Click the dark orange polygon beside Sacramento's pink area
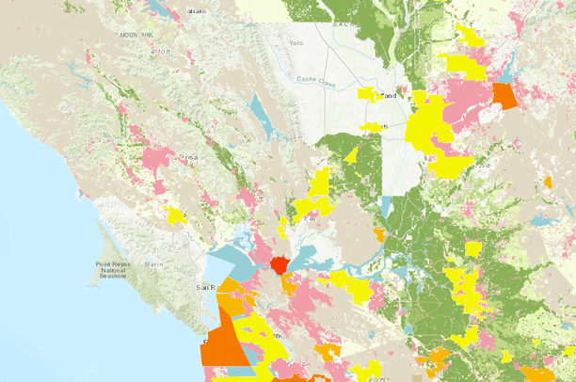pos(504,96)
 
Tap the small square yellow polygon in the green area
pos(473,248)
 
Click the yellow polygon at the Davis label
pos(373,126)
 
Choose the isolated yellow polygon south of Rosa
pos(175,215)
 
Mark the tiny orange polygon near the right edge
pos(548,181)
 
